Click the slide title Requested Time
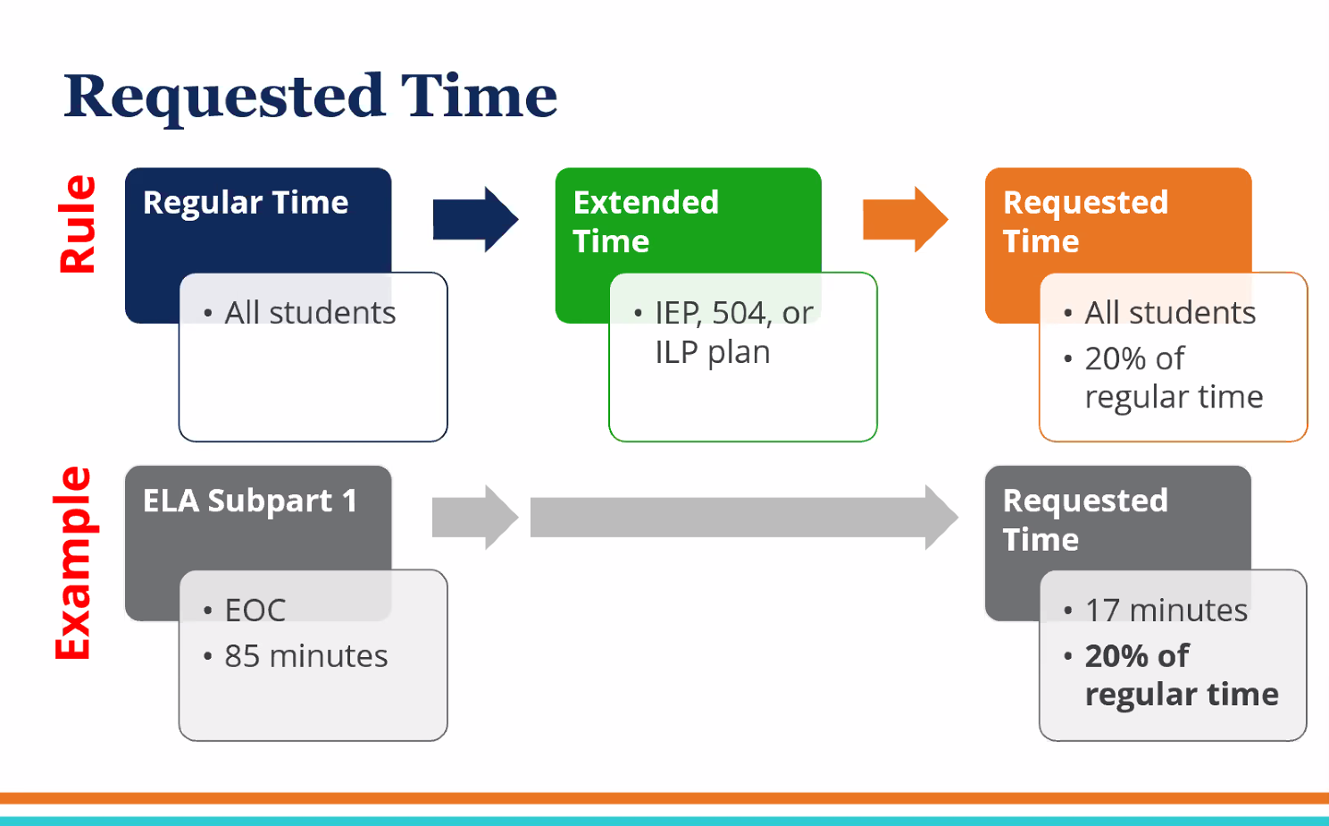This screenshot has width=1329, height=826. [310, 97]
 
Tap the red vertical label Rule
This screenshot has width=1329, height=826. [78, 223]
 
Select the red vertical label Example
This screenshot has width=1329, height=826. [73, 563]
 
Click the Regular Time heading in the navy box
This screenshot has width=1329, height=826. [246, 203]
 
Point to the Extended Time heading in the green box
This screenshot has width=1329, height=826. [646, 222]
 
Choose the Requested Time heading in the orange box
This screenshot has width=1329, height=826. [1085, 222]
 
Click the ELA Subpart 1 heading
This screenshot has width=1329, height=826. [250, 501]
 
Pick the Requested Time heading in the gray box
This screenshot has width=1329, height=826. [1085, 519]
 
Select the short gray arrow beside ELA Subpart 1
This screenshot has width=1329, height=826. [474, 517]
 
